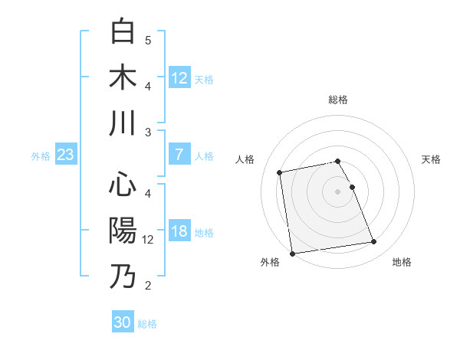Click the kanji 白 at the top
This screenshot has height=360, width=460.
pos(123,32)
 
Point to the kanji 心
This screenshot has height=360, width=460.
pos(123,185)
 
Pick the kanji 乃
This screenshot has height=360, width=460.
pos(123,276)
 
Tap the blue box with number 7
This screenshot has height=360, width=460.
pos(179,155)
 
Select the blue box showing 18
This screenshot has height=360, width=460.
pos(179,232)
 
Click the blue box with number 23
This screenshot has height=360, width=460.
pos(65,155)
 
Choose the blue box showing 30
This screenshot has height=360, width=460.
pos(123,323)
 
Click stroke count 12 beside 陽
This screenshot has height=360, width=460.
pos(149,240)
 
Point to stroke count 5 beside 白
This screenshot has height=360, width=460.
pos(148,40)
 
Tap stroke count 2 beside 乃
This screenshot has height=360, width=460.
pos(148,286)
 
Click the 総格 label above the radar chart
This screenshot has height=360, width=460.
pos(337,100)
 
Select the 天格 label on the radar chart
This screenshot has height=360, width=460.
pos(432,159)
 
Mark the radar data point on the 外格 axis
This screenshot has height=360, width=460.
pos(292,253)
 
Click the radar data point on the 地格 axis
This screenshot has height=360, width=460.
pos(373,242)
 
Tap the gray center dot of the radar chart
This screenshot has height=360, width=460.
pos(337,191)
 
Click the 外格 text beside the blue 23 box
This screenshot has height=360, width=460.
pos(41,156)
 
